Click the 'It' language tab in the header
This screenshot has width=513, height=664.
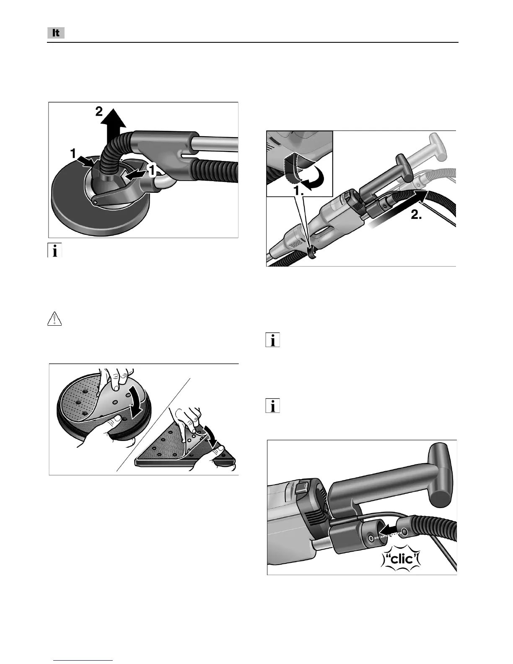coord(56,33)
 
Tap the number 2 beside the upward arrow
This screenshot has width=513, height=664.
coord(98,112)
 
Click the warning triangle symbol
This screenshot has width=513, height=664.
coord(54,319)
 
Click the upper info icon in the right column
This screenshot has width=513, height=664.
coord(273,340)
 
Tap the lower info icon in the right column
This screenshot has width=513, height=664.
coord(273,406)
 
